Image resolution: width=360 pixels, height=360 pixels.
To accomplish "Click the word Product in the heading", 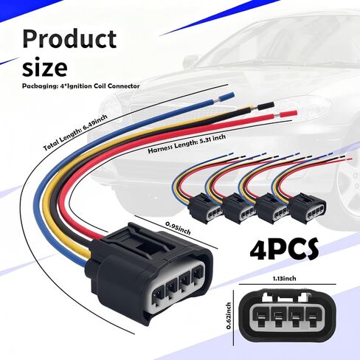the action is pyautogui.click(x=69, y=39).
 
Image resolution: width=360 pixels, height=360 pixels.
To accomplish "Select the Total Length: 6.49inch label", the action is pyautogui.click(x=75, y=132).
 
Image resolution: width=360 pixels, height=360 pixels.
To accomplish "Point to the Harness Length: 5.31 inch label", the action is pyautogui.click(x=187, y=144).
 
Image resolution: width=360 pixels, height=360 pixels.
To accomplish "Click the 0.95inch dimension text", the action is pyautogui.click(x=178, y=228).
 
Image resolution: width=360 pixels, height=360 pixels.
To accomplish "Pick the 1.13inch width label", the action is pyautogui.click(x=285, y=278).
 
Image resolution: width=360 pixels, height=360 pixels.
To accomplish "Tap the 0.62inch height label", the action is pyautogui.click(x=229, y=316).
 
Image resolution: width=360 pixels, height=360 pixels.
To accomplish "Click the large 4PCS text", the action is pyautogui.click(x=284, y=249).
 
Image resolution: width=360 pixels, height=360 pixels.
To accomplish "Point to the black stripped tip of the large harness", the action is pyautogui.click(x=266, y=105).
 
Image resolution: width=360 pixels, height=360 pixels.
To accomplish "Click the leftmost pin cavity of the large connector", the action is pyautogui.click(x=158, y=294).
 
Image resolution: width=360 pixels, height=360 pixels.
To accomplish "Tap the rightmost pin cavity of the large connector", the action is pyautogui.click(x=197, y=271).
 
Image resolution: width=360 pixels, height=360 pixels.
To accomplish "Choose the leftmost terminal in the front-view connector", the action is pyautogui.click(x=260, y=318).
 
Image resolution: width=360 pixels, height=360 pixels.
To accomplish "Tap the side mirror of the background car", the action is pyautogui.click(x=190, y=61).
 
